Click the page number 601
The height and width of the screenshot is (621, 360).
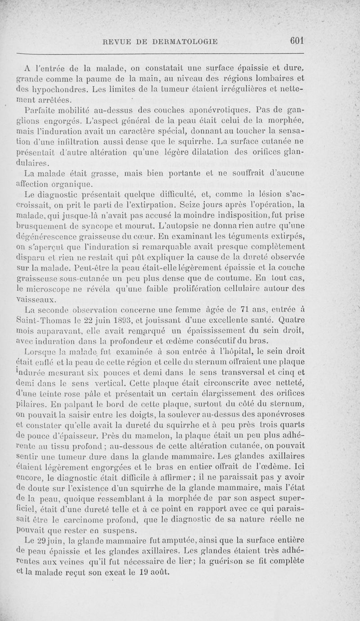point(297,41)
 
